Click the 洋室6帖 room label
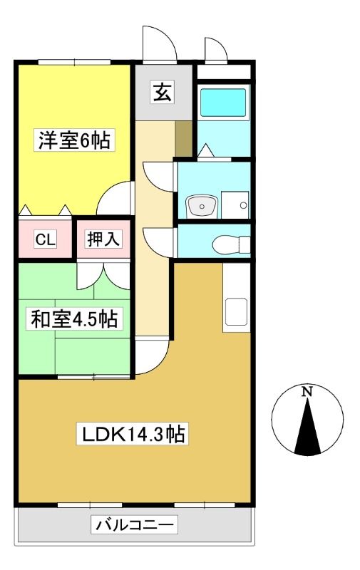[74, 140]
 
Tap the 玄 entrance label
[163, 92]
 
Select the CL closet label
[46, 239]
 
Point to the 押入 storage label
[103, 239]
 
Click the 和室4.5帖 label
[74, 318]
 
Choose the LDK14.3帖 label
[133, 434]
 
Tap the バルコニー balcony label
[134, 524]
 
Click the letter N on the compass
[308, 391]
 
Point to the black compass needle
[308, 426]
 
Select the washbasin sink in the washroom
[202, 207]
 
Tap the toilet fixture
[231, 244]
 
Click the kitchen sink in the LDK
[236, 311]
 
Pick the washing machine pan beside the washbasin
[235, 204]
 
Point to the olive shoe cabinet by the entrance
[184, 139]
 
